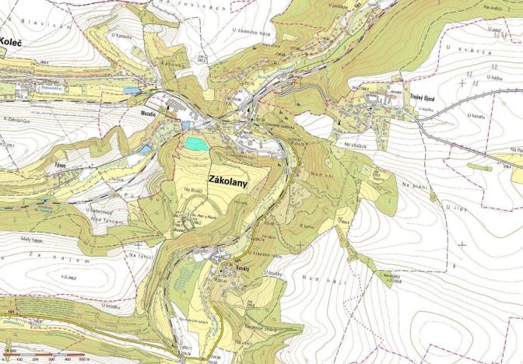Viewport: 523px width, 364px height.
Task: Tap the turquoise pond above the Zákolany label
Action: pyautogui.click(x=194, y=143)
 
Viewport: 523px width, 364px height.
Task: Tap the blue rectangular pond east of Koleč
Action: pyautogui.click(x=133, y=91)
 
